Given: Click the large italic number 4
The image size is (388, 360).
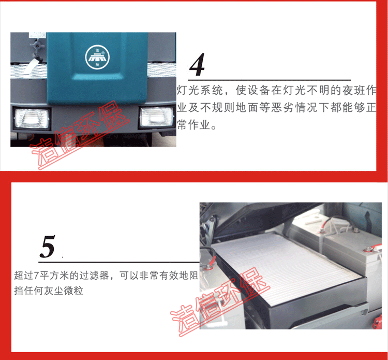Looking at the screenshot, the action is pyautogui.click(x=197, y=64).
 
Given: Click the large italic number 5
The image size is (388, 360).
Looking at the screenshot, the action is pyautogui.click(x=47, y=247).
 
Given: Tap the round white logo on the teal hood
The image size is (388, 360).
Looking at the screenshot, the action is pyautogui.click(x=97, y=57).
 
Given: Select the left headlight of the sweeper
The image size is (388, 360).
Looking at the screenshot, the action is pyautogui.click(x=32, y=119).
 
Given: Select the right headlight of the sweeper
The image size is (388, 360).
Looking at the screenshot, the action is pyautogui.click(x=156, y=117).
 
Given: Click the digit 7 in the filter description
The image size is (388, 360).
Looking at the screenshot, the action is pyautogui.click(x=36, y=275).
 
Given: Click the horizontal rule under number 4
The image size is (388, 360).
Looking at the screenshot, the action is pyautogui.click(x=269, y=80).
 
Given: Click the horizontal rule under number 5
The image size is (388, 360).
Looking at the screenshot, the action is pyautogui.click(x=119, y=262).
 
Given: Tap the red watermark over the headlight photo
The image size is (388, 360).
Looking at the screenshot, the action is pyautogui.click(x=79, y=135).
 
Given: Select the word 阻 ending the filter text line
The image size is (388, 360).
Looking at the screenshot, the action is pyautogui.click(x=193, y=275).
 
